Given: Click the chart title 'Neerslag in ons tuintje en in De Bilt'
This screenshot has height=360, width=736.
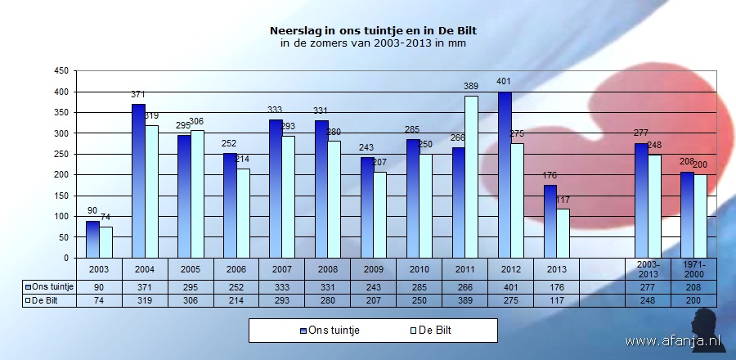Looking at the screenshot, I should coord(373,30).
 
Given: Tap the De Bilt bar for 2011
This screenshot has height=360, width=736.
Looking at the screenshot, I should coord(472,177).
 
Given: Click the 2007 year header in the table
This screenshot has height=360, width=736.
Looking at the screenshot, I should coord(282,269).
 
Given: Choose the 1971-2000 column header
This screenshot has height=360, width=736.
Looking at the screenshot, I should coord(693,268).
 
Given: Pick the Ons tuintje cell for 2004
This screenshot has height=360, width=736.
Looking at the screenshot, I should coord(145,287).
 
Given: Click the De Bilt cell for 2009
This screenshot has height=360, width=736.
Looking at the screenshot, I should coord(374,300).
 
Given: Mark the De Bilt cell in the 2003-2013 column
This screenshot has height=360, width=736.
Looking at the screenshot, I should coord(647,300).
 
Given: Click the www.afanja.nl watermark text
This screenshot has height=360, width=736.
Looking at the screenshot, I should coord(673,340).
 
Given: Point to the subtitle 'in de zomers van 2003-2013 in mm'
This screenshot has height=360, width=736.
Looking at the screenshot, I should coord(373,43).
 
